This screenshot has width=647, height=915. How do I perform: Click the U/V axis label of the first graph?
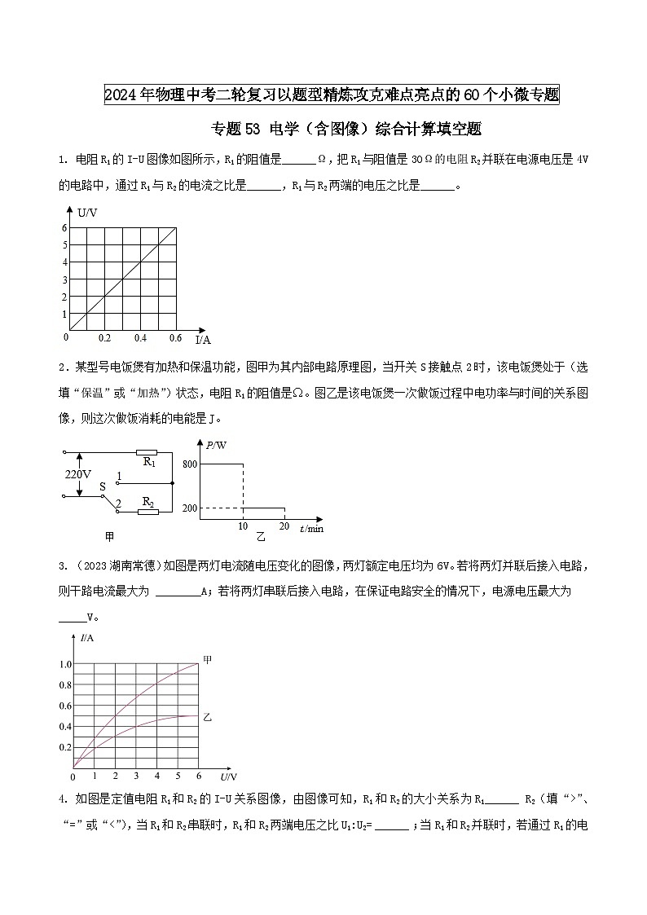point(87,213)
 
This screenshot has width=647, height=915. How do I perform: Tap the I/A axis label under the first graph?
point(203,339)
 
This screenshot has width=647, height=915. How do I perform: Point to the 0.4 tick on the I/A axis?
point(140,337)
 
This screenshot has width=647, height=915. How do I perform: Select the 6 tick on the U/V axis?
point(64,227)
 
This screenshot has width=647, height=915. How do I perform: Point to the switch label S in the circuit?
point(103,487)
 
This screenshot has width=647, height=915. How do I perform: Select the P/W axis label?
point(217,445)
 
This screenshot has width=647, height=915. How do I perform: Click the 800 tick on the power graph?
point(191,464)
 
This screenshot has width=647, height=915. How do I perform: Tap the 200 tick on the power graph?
point(191,508)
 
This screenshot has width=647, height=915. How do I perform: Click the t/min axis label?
point(311,529)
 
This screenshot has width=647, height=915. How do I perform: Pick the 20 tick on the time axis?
point(284,527)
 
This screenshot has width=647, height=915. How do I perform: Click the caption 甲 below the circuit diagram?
point(108,536)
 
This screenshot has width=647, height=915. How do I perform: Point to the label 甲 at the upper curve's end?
point(208,660)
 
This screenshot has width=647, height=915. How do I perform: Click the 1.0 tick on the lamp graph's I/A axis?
point(64,664)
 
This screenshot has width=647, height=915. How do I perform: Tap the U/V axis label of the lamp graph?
point(227,776)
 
